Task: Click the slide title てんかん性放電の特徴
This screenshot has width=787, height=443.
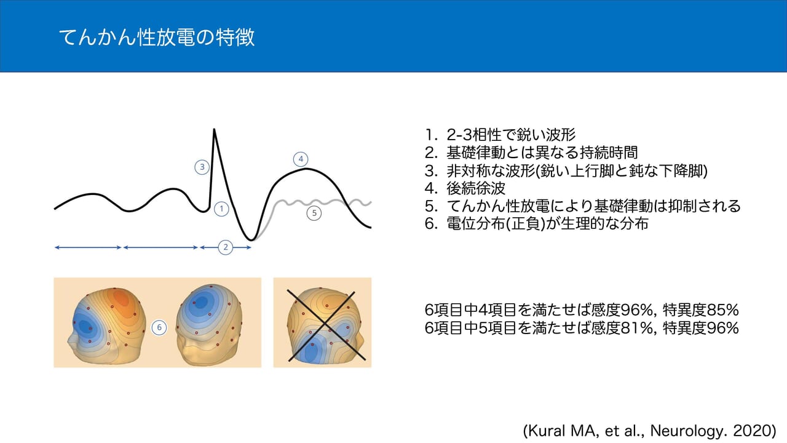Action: pyautogui.click(x=156, y=38)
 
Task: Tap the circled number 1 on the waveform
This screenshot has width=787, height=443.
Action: pyautogui.click(x=222, y=209)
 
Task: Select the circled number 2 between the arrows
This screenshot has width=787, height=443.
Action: pyautogui.click(x=226, y=247)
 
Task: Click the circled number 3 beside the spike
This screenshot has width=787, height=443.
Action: pyautogui.click(x=202, y=166)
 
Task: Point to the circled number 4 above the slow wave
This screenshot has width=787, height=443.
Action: pyautogui.click(x=301, y=159)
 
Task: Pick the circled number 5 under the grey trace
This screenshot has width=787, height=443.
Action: pyautogui.click(x=314, y=214)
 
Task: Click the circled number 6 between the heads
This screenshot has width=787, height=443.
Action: pyautogui.click(x=159, y=327)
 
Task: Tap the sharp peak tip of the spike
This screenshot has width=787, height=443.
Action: pyautogui.click(x=214, y=129)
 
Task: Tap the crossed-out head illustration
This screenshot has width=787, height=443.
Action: pyautogui.click(x=322, y=322)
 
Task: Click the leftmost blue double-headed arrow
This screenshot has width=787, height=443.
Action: pyautogui.click(x=88, y=247)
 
